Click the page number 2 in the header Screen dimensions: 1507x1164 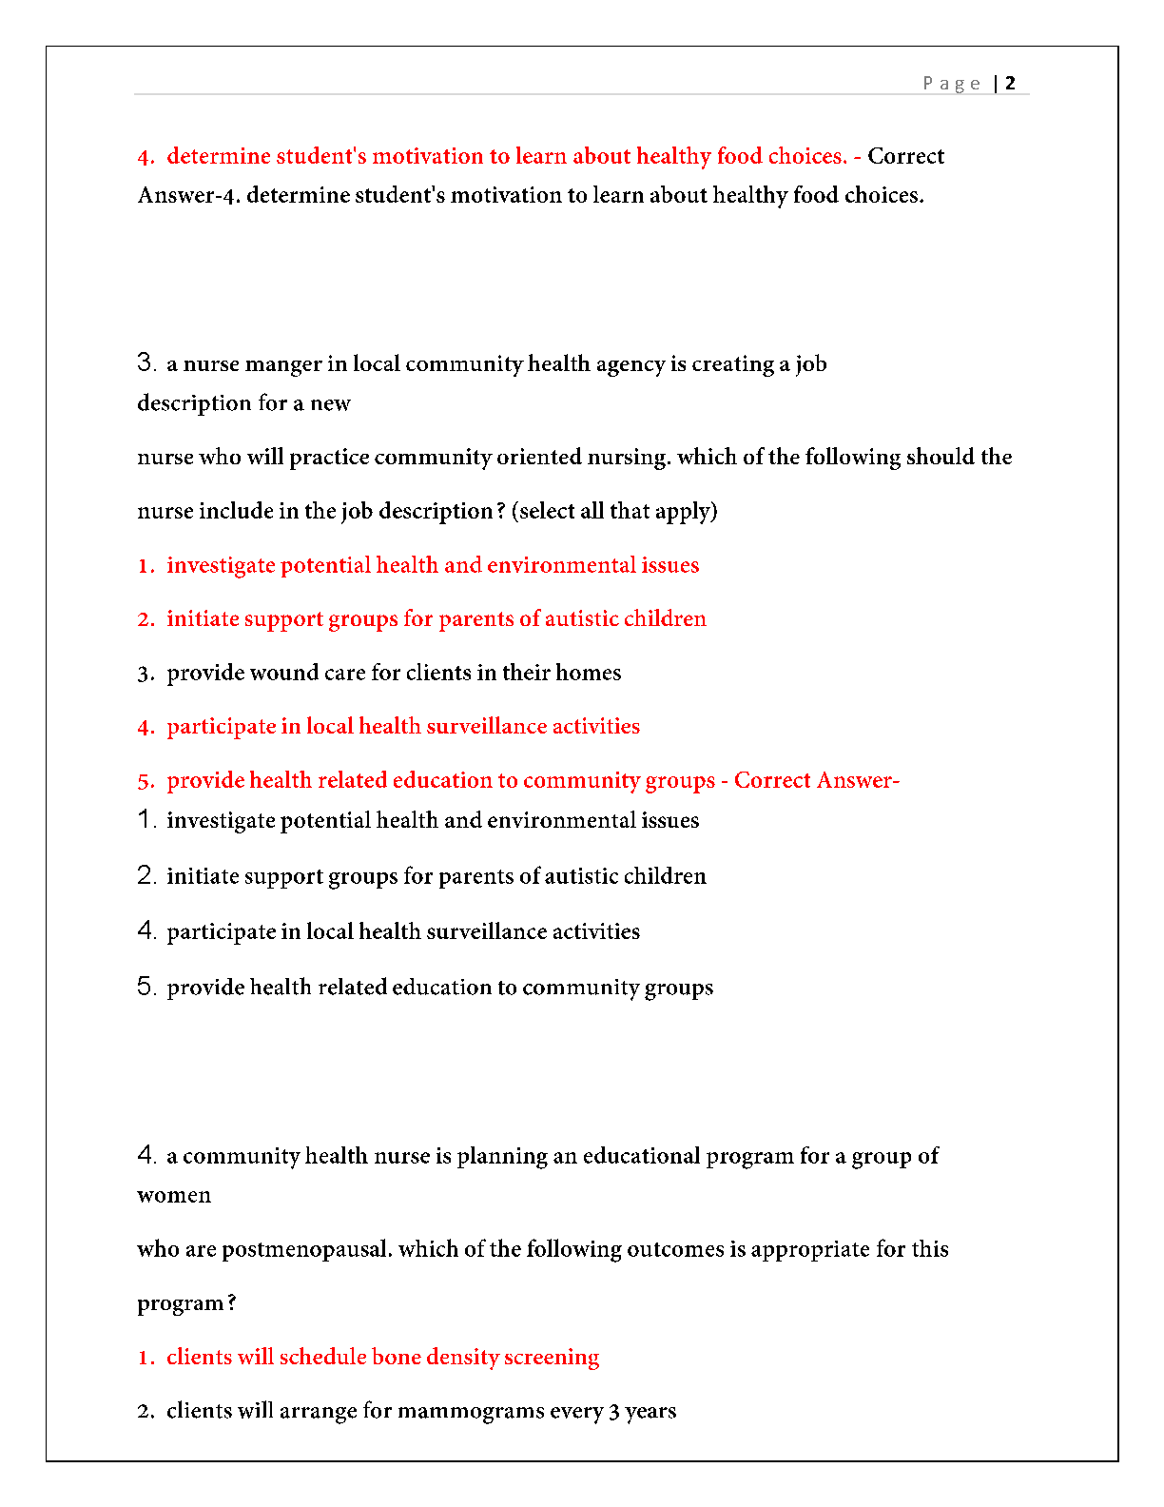tap(1010, 83)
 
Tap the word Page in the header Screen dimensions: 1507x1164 tap(951, 84)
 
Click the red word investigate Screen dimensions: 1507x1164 tap(221, 565)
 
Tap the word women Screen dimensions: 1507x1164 tap(174, 1195)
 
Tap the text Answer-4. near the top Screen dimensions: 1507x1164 tap(188, 195)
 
